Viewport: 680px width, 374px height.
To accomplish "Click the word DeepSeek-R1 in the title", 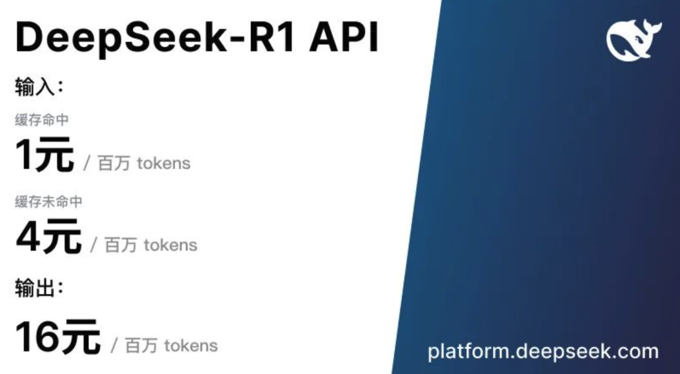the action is (156, 38).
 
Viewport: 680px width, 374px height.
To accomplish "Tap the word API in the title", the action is (344, 37).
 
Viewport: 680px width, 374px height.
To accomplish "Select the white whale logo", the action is (633, 40).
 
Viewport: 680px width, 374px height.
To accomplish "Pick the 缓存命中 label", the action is (42, 120).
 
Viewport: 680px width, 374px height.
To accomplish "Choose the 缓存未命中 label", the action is (48, 201).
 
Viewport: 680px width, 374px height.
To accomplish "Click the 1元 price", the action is (45, 155).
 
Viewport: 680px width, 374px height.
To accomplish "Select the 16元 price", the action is (58, 337).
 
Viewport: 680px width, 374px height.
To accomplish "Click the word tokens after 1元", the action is (164, 163).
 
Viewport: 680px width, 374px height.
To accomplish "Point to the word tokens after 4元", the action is (171, 245).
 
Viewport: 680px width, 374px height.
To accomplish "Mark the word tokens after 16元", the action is (191, 346).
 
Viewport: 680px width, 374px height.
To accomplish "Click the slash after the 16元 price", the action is (115, 346).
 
